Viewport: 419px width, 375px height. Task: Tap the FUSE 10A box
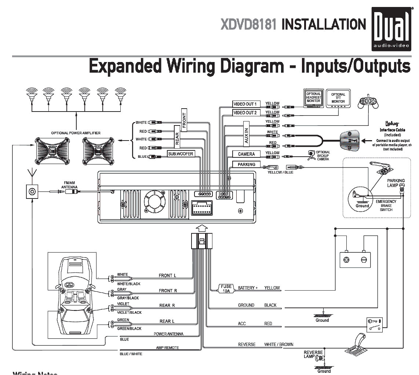coord(226,288)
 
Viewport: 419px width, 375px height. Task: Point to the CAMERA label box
coord(246,154)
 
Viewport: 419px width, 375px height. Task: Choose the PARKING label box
coord(246,164)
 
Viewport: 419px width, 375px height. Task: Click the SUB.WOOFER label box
coord(181,153)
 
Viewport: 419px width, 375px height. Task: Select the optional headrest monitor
coord(313,98)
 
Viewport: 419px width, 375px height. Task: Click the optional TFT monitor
coord(338,98)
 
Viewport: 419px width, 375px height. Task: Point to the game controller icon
coord(368,102)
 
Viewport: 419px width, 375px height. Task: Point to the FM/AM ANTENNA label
coord(69,185)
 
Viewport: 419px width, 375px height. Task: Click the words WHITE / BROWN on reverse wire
coord(278,345)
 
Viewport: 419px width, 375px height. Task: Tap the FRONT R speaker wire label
coord(168,291)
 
